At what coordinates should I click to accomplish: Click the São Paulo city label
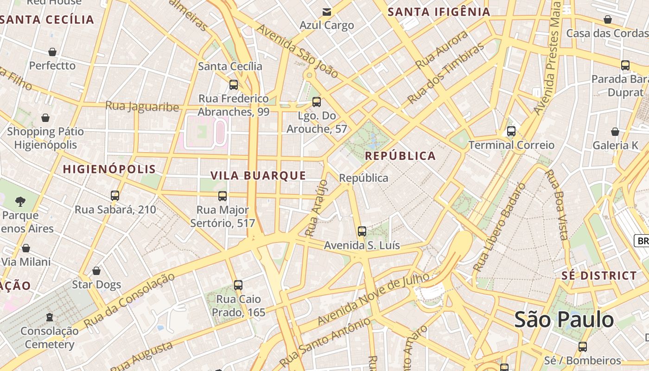tap(564, 320)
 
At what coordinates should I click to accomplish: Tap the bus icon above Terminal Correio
tap(511, 131)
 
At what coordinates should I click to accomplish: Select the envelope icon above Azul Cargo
tap(327, 12)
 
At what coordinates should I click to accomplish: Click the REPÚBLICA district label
tap(401, 156)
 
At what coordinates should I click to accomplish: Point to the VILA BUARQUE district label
tap(258, 175)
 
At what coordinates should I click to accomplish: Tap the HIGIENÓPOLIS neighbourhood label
tap(109, 169)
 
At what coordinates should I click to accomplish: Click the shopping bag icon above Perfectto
tap(52, 52)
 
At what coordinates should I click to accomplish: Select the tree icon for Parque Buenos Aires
tap(20, 201)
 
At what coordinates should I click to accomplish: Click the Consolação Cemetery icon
tap(50, 318)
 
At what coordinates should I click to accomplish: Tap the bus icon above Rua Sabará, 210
tap(115, 196)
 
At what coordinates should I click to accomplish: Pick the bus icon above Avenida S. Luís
tap(362, 231)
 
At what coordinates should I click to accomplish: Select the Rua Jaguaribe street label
tap(142, 106)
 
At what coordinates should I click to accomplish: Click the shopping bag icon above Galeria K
tap(615, 132)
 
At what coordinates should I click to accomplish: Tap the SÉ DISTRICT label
tap(599, 275)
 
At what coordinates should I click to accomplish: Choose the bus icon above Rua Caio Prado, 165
tap(238, 285)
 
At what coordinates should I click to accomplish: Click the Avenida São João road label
tap(297, 51)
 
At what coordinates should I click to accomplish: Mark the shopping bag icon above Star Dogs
tap(96, 270)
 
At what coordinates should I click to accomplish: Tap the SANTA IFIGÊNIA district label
tap(439, 12)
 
